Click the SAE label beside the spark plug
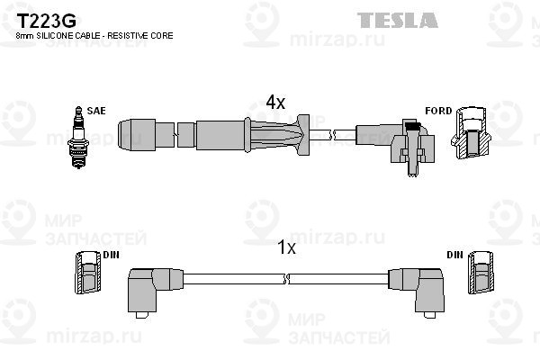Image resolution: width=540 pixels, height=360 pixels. (96, 111)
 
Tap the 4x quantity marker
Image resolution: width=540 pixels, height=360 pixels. (274, 103)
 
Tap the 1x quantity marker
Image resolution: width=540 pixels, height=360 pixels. (284, 248)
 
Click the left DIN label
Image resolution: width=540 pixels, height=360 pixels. (111, 256)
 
